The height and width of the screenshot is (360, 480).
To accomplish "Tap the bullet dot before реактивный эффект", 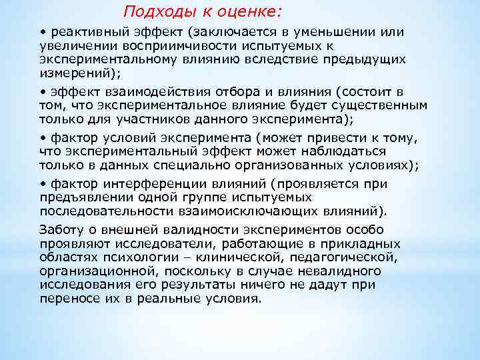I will (x=42, y=33).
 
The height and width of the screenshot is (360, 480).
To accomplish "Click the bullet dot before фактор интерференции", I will (x=42, y=184).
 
